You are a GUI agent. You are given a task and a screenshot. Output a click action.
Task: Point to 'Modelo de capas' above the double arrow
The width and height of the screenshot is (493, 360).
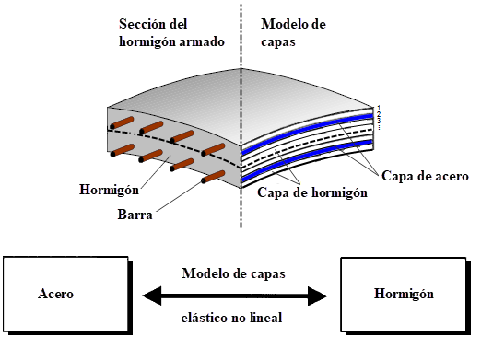(x=233, y=274)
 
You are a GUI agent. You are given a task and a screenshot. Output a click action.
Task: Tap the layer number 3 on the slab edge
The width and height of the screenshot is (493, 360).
(x=379, y=121)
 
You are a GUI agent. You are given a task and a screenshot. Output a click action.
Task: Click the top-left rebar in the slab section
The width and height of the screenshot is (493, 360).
(x=123, y=123)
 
